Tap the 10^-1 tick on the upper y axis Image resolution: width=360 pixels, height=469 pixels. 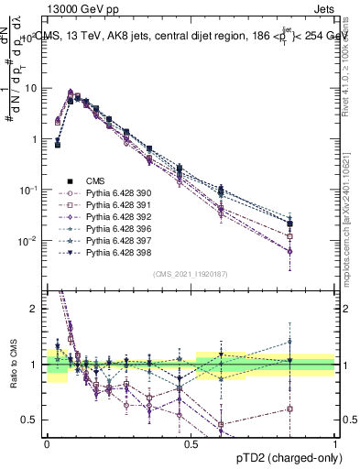tap(29, 190)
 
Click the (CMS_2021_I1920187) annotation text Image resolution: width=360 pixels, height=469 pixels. tap(191, 274)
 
